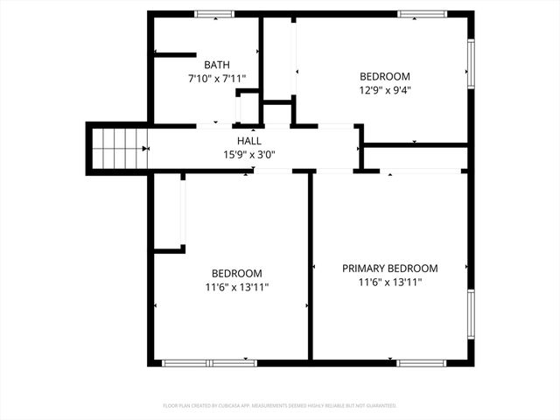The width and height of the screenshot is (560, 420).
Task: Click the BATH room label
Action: [218, 66]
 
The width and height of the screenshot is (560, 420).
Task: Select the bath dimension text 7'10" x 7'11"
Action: [218, 79]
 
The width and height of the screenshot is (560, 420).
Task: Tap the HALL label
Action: [248, 141]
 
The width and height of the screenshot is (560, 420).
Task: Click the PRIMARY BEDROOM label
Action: [389, 269]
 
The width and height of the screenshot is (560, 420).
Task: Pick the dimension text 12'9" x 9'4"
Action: [385, 90]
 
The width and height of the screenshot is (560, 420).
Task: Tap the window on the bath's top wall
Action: [213, 14]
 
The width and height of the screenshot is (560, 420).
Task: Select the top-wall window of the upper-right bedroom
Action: [423, 14]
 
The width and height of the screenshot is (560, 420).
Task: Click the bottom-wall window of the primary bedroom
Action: [422, 362]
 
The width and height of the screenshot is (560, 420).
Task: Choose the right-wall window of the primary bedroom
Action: [471, 315]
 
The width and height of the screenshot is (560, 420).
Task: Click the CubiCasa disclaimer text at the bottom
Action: [280, 406]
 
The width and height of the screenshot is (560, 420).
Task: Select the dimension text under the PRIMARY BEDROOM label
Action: [389, 283]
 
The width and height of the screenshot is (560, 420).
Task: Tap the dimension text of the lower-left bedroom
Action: [236, 287]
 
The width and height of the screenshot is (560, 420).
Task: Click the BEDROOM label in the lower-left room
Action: [236, 273]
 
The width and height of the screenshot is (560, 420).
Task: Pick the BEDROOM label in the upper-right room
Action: [385, 76]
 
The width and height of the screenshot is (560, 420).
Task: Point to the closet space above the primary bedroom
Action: [416, 157]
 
